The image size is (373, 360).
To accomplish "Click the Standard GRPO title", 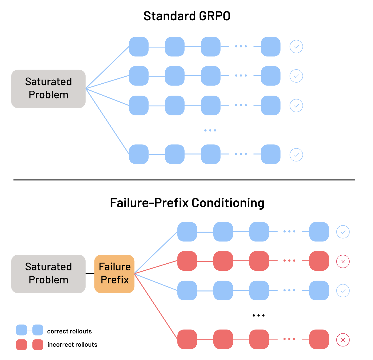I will tap(187, 16).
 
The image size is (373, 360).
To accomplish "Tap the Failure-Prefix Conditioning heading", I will tap(187, 203).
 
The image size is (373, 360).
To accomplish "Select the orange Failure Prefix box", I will tap(114, 274).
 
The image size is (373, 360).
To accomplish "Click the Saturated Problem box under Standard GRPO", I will tap(48, 89).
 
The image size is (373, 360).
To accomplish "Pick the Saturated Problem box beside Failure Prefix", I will tap(48, 274).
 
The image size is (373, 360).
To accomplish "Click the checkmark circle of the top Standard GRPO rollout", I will tap(296, 47).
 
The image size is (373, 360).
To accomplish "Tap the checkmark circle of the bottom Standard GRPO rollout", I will tap(296, 155).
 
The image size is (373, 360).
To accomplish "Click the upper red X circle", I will tap(343, 261).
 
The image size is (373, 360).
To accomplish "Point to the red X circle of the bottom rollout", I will tap(343, 340).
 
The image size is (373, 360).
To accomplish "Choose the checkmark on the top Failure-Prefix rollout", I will tap(343, 232).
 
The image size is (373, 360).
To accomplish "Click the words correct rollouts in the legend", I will tap(69, 331).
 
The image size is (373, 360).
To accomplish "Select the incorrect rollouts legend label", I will tap(72, 345).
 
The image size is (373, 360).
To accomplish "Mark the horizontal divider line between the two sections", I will tap(184, 180).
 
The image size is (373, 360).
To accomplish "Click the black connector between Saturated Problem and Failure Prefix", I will tap(90, 274).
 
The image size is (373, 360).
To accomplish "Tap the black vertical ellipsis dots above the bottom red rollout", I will tap(258, 315).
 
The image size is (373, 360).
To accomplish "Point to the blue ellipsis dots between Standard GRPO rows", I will tap(210, 130).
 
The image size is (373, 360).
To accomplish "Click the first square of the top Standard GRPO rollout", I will tap(139, 47).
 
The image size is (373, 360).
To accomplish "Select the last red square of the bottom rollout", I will tap(319, 339).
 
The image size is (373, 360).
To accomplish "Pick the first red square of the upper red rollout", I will tap(187, 261).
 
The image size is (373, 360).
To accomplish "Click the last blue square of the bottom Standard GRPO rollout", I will tap(270, 154).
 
